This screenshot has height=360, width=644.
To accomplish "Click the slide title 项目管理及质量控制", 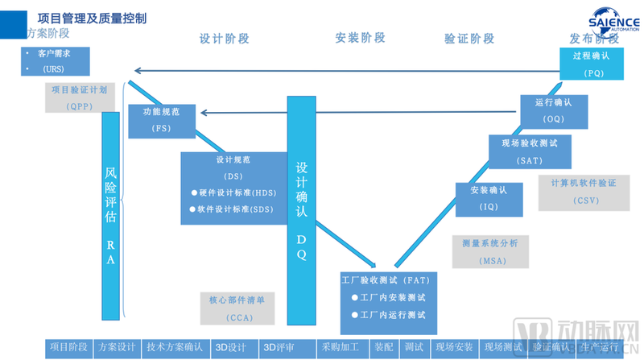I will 92,18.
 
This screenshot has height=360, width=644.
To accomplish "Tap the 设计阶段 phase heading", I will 225,38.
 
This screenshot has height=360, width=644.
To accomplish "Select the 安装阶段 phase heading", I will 360,38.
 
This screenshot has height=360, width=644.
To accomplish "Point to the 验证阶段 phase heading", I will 469,39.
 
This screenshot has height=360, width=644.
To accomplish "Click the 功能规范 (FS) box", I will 161,119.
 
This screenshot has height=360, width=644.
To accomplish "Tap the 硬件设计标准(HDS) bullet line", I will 233,192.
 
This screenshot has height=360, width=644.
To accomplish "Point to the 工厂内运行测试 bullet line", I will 388,314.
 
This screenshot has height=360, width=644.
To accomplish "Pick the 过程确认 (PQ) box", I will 592,64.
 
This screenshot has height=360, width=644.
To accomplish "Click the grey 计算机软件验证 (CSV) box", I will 583,192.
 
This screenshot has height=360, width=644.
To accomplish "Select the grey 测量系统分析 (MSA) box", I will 490,250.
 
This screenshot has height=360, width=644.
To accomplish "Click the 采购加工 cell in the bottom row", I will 340,348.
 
